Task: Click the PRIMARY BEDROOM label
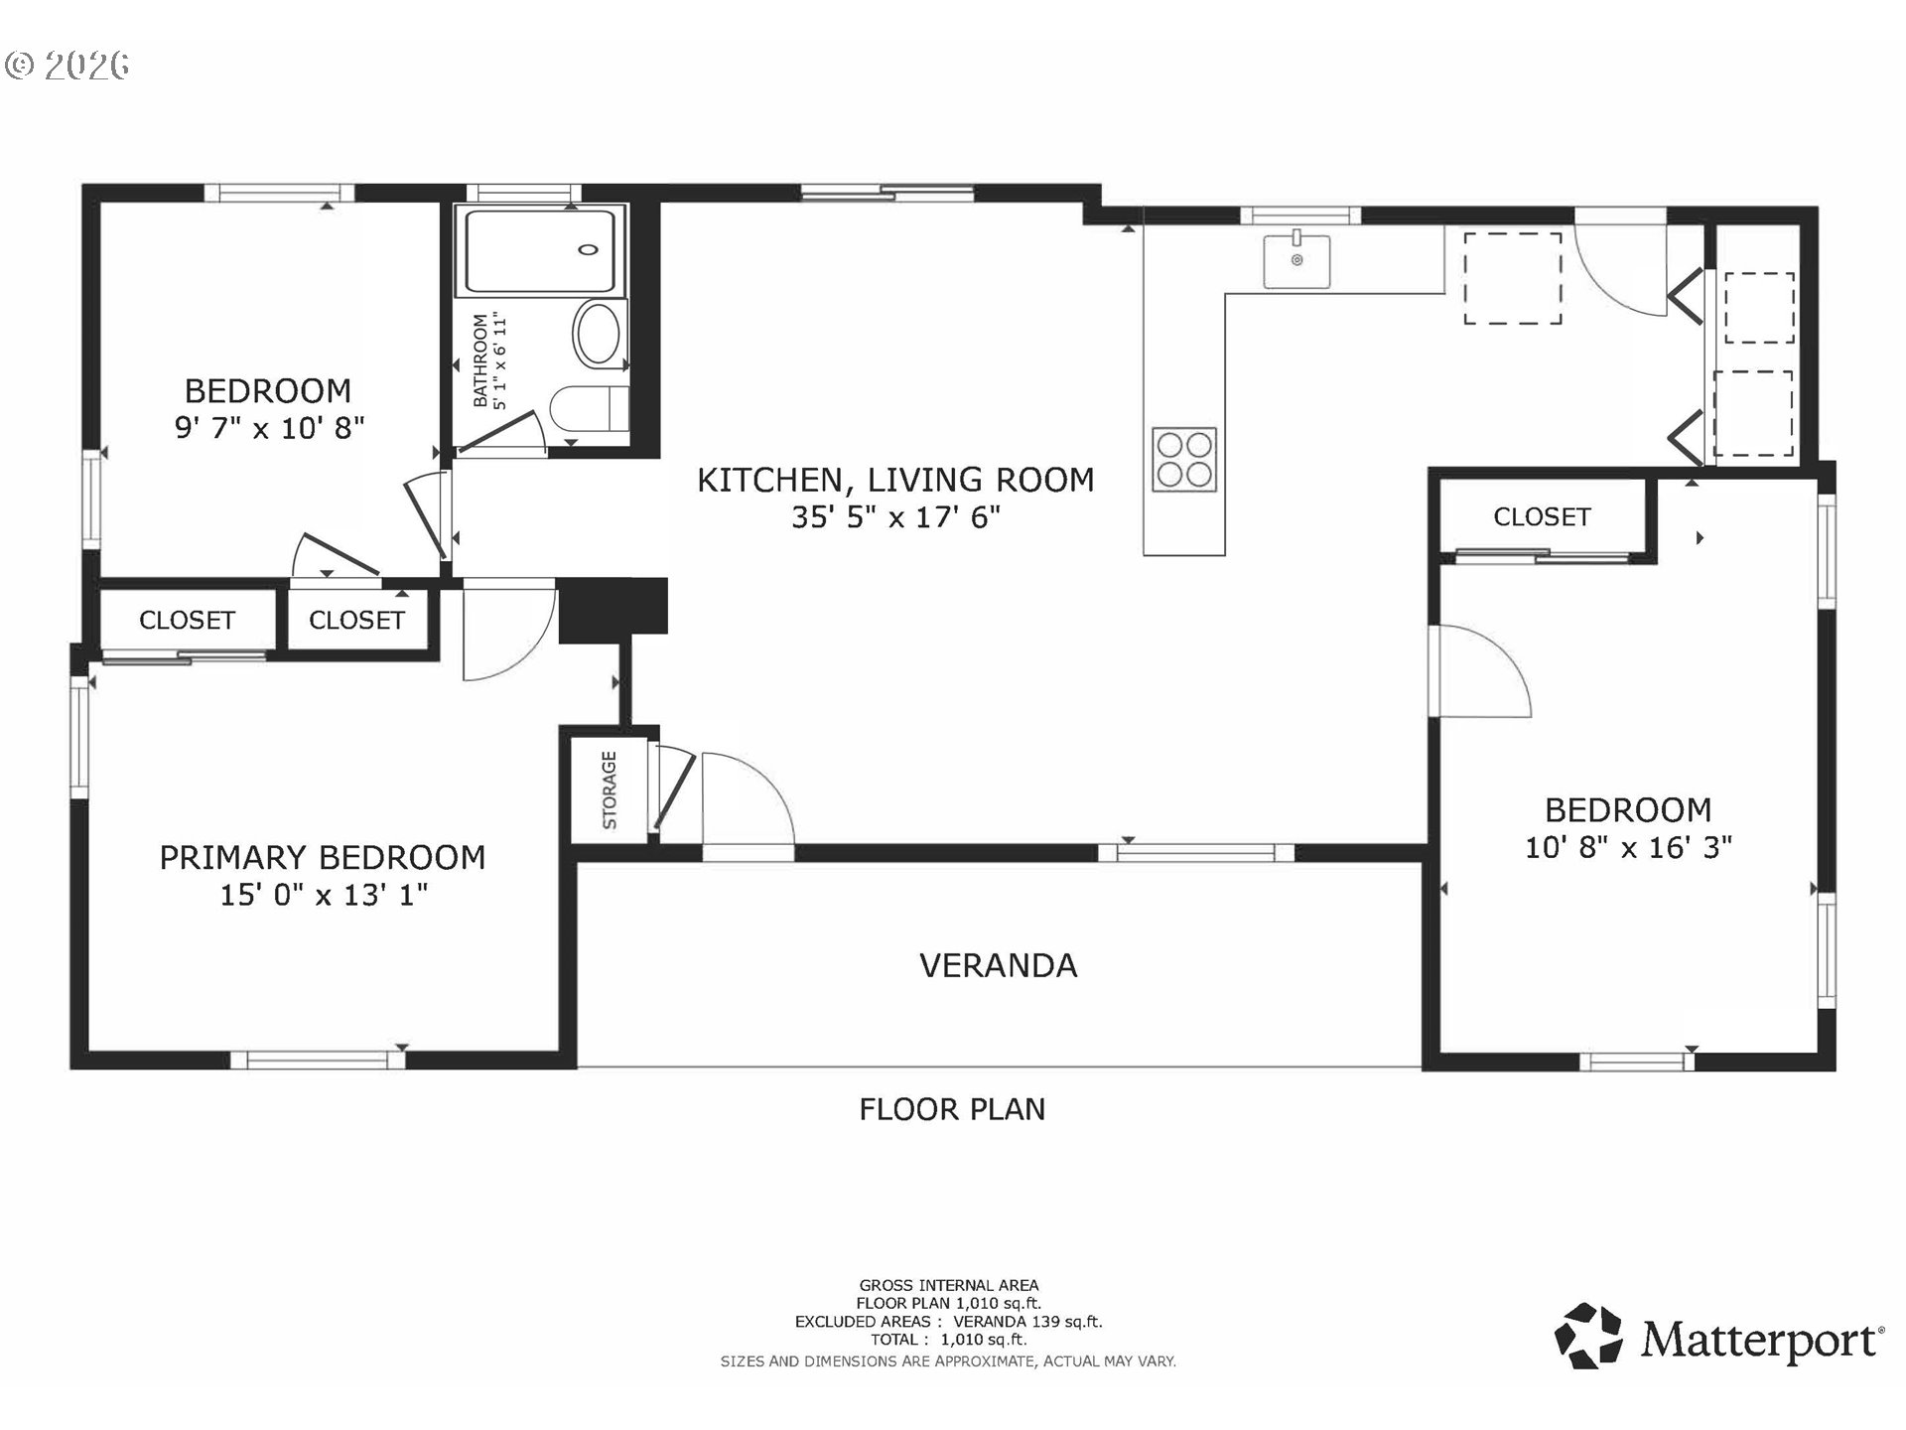point(323,857)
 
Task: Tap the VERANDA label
point(999,965)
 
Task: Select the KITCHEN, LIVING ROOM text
point(895,480)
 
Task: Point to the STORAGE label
point(610,789)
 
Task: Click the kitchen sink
point(1296,260)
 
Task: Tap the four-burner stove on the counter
point(1184,459)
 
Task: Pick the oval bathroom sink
point(598,335)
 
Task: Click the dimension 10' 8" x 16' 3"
point(1628,847)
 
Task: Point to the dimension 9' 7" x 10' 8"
point(269,428)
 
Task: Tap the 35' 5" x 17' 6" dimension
point(895,517)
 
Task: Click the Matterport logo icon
point(1588,1336)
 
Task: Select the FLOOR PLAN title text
point(952,1109)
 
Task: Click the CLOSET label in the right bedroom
point(1542,516)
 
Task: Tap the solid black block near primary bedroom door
point(613,606)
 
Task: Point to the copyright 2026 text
point(68,66)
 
